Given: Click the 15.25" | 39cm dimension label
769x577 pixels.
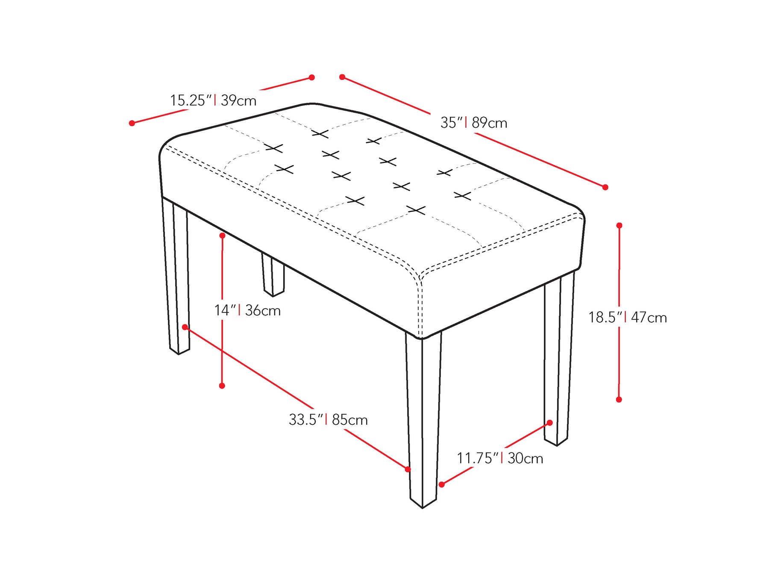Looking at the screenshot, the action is (213, 100).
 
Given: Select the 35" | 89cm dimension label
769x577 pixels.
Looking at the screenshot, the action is (474, 123).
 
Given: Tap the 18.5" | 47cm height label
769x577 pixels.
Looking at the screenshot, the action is (628, 317).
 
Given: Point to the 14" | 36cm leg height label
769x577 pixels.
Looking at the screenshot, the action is (247, 310).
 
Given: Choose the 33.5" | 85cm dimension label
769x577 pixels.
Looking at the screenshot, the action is (328, 419).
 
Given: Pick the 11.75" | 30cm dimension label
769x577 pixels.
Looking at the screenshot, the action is (500, 458).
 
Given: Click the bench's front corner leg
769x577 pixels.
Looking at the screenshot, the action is (423, 419).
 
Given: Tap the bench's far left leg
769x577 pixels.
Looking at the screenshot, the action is (176, 276).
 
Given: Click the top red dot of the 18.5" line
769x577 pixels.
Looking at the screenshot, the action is (619, 225).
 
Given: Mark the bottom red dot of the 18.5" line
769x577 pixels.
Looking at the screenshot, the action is (619, 400).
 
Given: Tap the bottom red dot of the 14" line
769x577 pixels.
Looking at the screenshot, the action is (222, 386).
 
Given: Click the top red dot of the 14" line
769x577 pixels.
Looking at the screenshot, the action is (222, 236).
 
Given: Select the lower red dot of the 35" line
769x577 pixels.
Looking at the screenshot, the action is (605, 187).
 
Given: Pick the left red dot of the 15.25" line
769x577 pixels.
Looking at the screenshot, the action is (132, 123).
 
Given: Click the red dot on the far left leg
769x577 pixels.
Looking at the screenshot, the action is (185, 327).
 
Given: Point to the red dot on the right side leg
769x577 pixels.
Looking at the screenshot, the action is (550, 423).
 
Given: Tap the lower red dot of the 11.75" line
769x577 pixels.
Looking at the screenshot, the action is (442, 484).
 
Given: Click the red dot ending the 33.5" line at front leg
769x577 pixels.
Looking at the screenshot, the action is (408, 469).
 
